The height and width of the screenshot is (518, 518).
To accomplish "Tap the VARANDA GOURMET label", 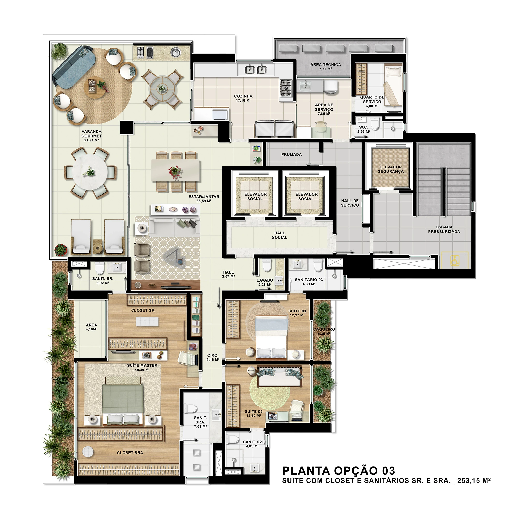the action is (92, 134).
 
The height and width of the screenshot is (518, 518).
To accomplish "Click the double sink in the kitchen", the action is (256, 70).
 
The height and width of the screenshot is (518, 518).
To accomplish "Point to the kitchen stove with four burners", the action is (286, 88).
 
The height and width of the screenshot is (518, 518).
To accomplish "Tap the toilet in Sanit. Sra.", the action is (191, 408).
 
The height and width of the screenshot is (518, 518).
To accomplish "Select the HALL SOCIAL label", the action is (280, 235).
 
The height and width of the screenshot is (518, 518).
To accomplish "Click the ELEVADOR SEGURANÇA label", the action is (391, 169).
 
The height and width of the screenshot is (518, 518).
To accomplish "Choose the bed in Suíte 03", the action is (272, 338).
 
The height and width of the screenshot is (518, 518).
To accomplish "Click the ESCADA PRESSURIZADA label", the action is (444, 229).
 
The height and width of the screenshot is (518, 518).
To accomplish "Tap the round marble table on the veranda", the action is (90, 173).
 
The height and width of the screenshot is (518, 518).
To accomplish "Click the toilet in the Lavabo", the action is (267, 266).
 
